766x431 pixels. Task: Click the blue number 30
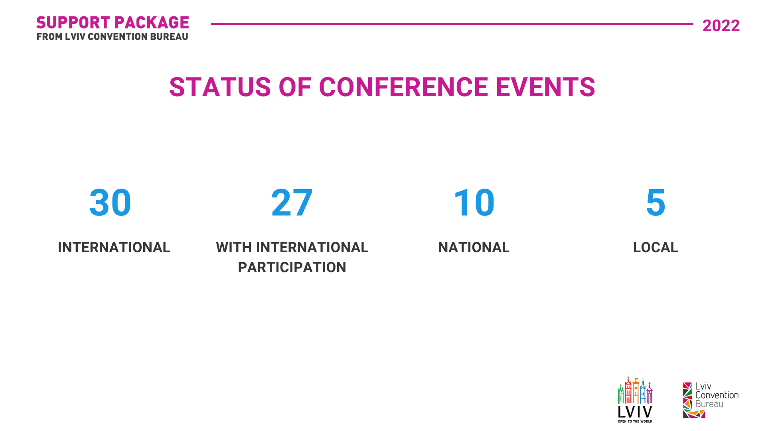coord(111,203)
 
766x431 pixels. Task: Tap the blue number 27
coord(292,203)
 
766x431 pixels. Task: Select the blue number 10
coord(474,203)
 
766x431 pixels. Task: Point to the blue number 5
coord(655,203)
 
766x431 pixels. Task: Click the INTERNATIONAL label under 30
coord(114,247)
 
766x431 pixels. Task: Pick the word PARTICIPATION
coord(292,267)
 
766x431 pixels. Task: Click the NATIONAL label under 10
coord(474,247)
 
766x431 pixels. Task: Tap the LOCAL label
coord(655,247)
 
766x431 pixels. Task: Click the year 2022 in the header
coord(721,26)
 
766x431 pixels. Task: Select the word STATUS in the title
coord(220,87)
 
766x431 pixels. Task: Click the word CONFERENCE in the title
coord(403,87)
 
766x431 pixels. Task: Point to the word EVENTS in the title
coord(545,87)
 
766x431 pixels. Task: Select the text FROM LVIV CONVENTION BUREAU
coord(112,37)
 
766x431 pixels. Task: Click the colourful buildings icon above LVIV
coord(635,390)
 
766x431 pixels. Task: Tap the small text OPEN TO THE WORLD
coord(635,421)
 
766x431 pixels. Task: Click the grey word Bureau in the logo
coord(709,404)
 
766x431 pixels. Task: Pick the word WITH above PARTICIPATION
coord(233,247)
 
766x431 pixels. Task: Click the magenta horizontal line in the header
coord(452,24)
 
